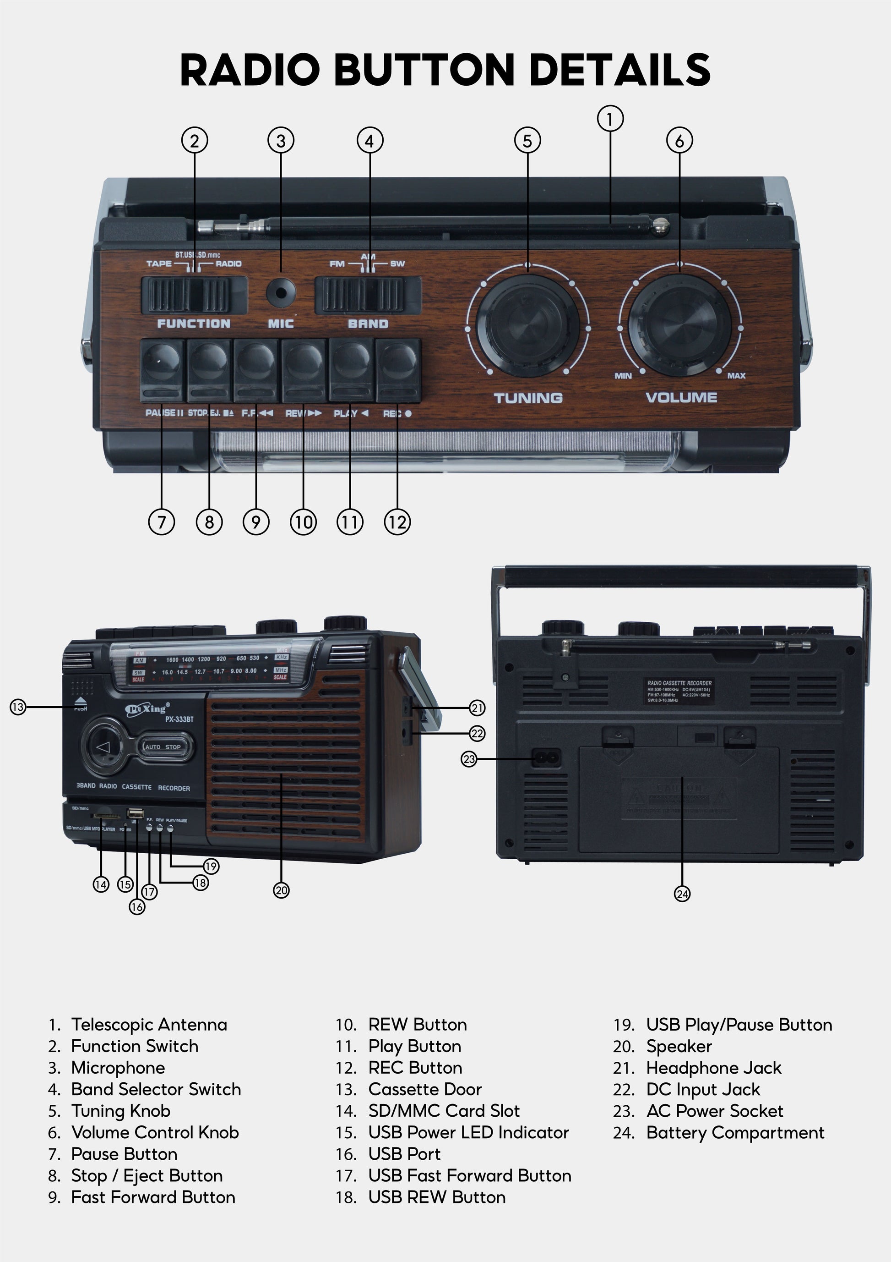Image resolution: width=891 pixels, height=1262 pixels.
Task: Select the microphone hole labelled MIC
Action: point(281,292)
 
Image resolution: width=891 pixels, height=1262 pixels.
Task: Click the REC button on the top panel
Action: point(398,369)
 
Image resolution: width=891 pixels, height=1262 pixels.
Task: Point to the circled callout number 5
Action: point(527,141)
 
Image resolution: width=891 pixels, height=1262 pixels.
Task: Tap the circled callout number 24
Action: point(682,894)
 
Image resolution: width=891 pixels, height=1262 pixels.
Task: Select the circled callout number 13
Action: point(18,707)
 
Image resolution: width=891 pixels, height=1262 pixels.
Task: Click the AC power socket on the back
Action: point(547,758)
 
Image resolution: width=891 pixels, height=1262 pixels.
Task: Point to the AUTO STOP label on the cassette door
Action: point(163,747)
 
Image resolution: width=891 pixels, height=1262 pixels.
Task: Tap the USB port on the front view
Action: point(135,813)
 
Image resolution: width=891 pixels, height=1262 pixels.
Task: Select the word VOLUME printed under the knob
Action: point(681,397)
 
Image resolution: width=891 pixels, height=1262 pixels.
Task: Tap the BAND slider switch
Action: point(368,295)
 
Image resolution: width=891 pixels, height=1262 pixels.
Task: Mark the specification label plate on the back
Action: point(679,691)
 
